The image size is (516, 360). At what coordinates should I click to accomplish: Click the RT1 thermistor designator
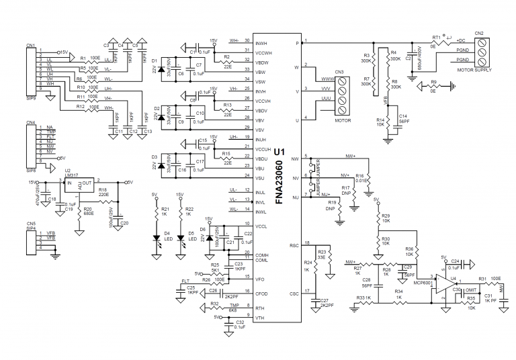(436, 38)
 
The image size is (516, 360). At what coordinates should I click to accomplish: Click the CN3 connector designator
(339, 72)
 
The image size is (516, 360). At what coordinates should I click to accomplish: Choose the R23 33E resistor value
(321, 257)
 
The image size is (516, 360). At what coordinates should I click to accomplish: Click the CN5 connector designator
(30, 223)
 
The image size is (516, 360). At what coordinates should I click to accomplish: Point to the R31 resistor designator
(482, 279)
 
